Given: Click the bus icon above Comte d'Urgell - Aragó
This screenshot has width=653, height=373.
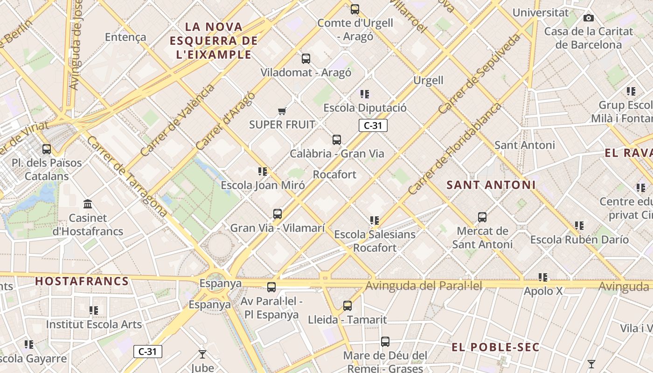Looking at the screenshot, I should click(355, 9).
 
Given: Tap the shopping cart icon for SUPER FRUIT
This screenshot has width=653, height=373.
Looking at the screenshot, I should click(282, 111).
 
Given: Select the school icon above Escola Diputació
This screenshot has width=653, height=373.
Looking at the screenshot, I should click(365, 94).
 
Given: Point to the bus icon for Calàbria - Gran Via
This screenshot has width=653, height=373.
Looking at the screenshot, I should click(337, 139).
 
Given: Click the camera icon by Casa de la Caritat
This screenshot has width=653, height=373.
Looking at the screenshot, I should click(589, 18).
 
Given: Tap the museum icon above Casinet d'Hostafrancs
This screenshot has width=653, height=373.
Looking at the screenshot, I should click(88, 204).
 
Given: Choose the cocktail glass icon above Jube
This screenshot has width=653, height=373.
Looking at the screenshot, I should click(202, 354).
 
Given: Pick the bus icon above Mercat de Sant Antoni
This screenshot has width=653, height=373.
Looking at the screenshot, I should click(482, 217).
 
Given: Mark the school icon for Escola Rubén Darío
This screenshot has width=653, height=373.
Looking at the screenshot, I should click(579, 226).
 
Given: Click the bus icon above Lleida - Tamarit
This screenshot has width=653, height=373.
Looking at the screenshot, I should click(347, 306).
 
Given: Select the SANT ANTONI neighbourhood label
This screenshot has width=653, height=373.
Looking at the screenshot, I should click(491, 185).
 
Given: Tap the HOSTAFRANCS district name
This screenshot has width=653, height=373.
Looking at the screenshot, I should click(82, 281).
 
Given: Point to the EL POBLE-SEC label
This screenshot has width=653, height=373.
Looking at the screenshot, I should click(495, 347).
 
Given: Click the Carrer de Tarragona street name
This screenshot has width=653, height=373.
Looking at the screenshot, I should click(127, 176).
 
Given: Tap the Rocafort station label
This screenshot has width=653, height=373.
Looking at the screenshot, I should click(334, 174).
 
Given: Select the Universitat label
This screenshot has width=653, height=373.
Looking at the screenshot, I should click(541, 13).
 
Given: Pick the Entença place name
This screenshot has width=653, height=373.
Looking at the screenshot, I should click(125, 37).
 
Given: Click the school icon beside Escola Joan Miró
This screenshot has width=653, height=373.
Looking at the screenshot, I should click(263, 172).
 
